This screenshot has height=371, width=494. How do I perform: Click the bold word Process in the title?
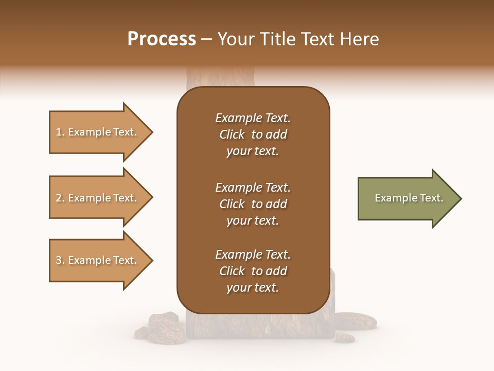point(162,39)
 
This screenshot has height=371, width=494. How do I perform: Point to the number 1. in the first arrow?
point(60,132)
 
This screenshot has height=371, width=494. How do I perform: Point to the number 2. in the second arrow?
point(60,198)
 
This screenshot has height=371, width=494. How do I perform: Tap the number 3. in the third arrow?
point(60,260)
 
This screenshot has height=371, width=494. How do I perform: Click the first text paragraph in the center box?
point(253,134)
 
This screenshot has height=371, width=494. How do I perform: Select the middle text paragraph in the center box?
point(253,204)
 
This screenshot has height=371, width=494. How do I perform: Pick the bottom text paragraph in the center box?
point(253,271)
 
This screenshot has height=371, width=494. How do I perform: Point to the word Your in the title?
point(235,39)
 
